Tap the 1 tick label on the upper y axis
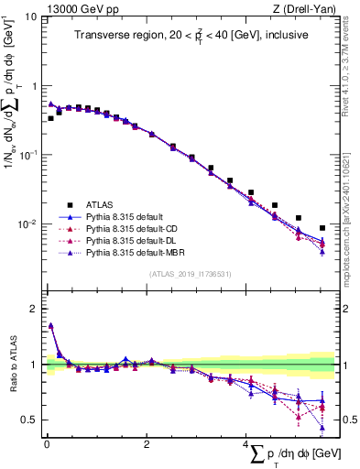[x=35, y=86]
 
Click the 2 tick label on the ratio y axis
[x=35, y=309]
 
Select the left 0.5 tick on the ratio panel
[x=31, y=420]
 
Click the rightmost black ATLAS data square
[x=322, y=228]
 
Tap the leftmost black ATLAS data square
[x=51, y=118]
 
